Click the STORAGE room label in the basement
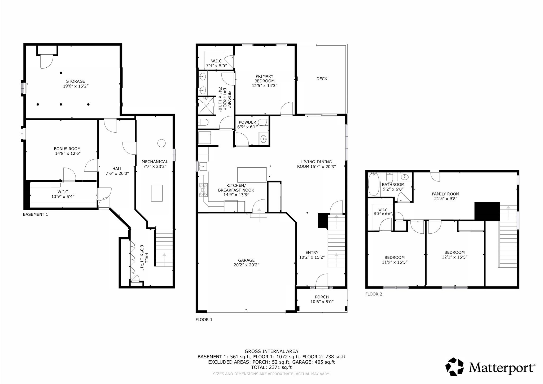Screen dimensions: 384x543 (76, 81)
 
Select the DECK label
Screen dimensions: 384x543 (322, 79)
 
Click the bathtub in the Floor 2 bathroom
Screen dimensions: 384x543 (374, 184)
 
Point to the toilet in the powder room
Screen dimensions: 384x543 (264, 122)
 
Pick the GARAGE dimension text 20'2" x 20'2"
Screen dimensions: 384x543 (246, 265)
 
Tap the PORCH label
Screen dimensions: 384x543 (322, 297)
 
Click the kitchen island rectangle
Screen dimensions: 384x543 (252, 174)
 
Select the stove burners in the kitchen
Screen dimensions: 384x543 (203, 190)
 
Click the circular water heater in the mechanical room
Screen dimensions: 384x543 (161, 143)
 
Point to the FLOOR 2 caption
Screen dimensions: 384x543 (374, 294)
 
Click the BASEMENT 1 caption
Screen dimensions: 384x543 (35, 214)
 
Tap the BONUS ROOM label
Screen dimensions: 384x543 (67, 149)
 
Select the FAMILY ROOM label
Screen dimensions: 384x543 (445, 194)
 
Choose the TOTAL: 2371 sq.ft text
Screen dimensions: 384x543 (271, 367)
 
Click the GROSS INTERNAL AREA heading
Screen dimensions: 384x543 (271, 352)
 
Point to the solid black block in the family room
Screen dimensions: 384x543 (487, 211)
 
